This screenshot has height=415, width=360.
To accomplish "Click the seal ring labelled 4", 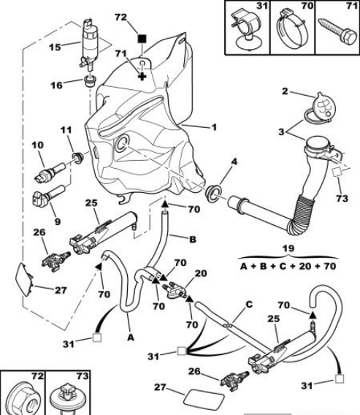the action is (214, 193).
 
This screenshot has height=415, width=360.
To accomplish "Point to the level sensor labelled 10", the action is (50, 172).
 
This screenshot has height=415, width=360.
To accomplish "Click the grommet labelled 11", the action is (78, 158).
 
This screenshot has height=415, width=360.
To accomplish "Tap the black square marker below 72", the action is (142, 39).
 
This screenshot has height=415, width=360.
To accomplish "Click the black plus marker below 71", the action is (142, 77).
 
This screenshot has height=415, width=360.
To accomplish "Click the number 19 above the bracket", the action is (288, 248).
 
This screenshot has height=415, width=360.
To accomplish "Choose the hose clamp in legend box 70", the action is (293, 29).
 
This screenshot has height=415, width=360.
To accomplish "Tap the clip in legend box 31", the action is (247, 29).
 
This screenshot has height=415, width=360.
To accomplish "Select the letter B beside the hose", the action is (193, 239).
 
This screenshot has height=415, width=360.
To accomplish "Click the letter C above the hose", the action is (249, 305).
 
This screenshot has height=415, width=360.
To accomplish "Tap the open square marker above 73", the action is (337, 172).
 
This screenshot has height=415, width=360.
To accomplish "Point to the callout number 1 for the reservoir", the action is (214, 128).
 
